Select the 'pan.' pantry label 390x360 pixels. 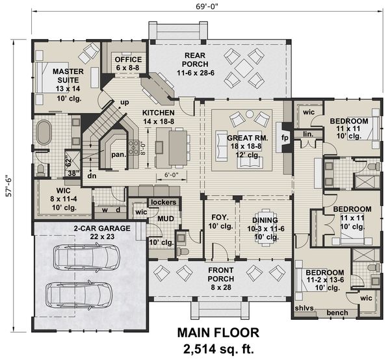(118, 155)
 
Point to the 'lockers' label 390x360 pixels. (162, 202)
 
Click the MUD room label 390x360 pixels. (164, 220)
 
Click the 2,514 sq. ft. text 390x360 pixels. (218, 348)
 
